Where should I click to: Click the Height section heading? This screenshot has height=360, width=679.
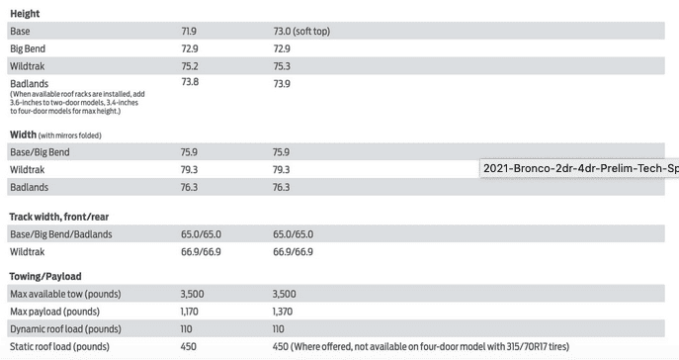click(25, 14)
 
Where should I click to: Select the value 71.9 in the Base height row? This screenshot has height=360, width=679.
click(189, 32)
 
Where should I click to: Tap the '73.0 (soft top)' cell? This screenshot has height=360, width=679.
click(301, 32)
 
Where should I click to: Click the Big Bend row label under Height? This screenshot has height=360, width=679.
click(28, 48)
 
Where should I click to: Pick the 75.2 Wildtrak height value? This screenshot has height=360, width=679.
click(189, 66)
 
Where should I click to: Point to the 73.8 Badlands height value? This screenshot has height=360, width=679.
click(190, 82)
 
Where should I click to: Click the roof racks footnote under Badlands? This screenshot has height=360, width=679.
click(77, 103)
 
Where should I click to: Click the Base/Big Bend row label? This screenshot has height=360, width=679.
click(40, 152)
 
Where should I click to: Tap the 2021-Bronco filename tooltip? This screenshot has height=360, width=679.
click(579, 168)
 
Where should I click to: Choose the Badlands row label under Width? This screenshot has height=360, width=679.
click(29, 187)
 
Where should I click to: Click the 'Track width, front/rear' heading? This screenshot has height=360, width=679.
click(59, 217)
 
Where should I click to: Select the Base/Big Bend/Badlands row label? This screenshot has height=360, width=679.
click(61, 234)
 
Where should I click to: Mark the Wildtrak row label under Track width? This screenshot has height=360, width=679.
click(28, 251)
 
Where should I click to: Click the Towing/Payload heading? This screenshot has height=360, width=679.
click(45, 276)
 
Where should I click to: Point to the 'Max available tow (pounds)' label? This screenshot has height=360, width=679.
click(65, 294)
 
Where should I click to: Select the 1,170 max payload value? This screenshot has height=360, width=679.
click(189, 312)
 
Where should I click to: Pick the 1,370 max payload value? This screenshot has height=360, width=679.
click(283, 312)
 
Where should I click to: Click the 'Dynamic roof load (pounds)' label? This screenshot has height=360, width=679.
click(65, 329)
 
